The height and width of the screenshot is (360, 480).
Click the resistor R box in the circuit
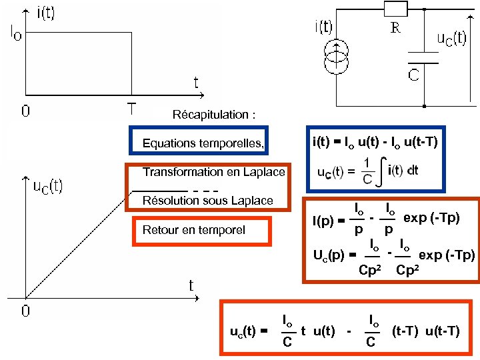point(396,9)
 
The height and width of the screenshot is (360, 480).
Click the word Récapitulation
point(213,115)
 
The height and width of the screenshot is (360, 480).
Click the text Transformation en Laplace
point(213,172)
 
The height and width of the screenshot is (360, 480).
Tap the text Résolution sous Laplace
point(207,200)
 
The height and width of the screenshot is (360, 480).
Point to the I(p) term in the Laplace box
point(326,220)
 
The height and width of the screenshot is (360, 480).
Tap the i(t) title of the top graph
point(45,13)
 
